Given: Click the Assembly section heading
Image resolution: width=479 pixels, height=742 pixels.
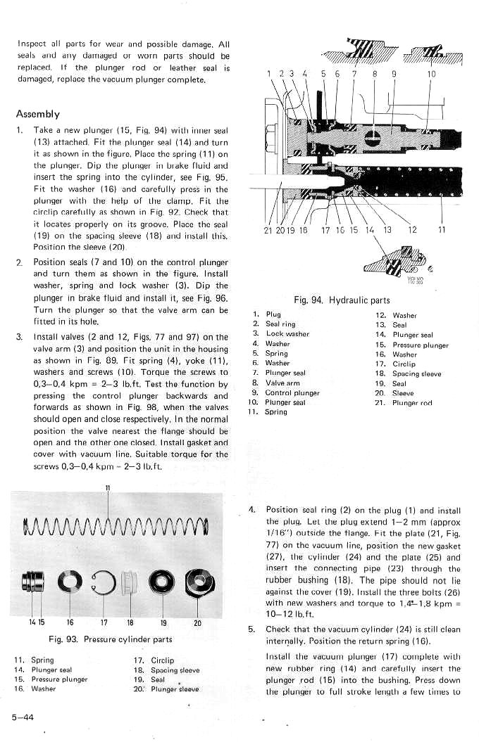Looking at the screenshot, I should (x=37, y=114).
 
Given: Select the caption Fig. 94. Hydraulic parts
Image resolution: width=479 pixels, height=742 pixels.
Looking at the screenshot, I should (x=340, y=300).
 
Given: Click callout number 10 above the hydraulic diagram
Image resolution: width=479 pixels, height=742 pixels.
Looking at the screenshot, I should (x=431, y=74).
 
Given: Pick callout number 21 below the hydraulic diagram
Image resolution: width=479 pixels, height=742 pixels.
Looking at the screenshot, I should (x=268, y=229).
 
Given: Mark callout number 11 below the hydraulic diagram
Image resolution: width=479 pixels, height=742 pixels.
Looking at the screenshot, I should (x=442, y=229).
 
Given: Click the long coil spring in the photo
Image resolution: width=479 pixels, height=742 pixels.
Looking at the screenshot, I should (x=116, y=523).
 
